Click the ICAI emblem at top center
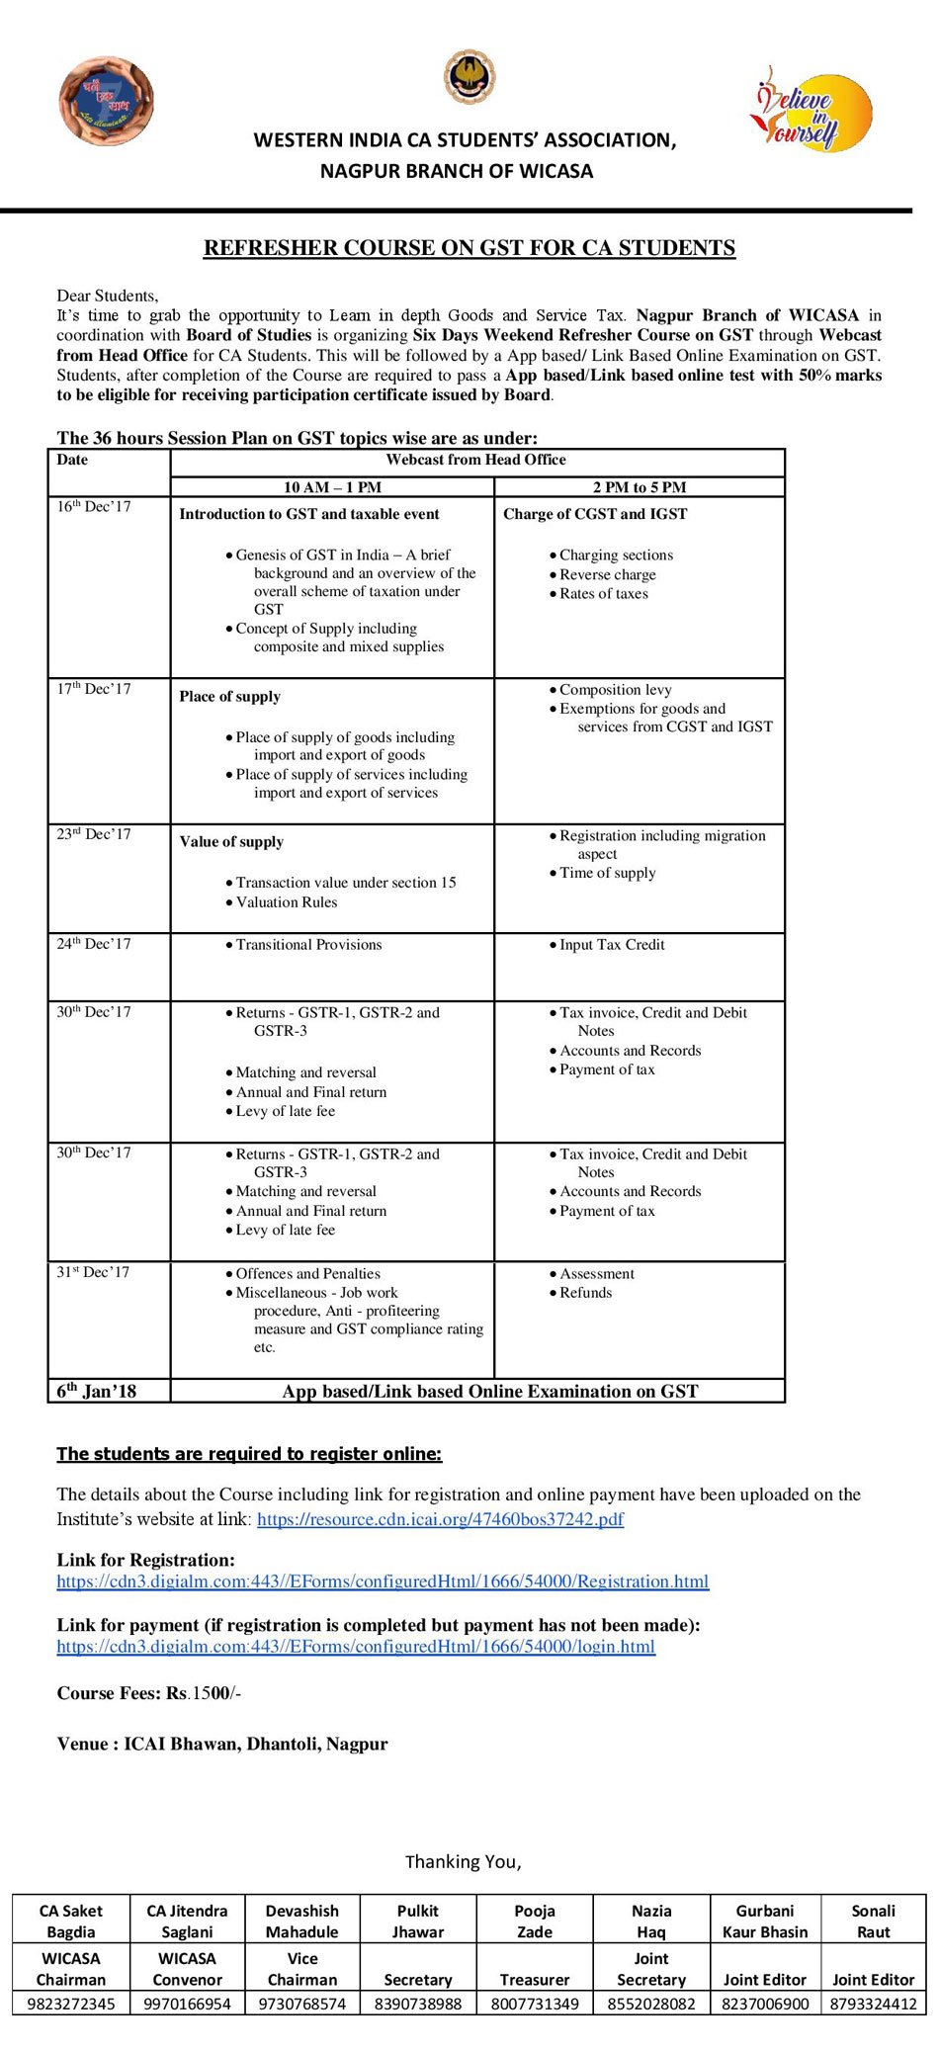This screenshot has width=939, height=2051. pyautogui.click(x=469, y=77)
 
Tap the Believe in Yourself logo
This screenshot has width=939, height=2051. pyautogui.click(x=811, y=109)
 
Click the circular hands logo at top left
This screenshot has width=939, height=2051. pyautogui.click(x=106, y=101)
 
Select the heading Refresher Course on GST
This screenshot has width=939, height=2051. pyautogui.click(x=469, y=248)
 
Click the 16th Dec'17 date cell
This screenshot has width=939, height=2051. pyautogui.click(x=94, y=507)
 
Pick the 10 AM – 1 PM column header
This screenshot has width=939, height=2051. pyautogui.click(x=332, y=487)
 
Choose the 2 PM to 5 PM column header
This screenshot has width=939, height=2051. pyautogui.click(x=640, y=487)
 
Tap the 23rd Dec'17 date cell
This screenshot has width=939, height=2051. pyautogui.click(x=94, y=834)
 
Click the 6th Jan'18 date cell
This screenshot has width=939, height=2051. pyautogui.click(x=97, y=1391)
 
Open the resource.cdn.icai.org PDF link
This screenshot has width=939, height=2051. pyautogui.click(x=440, y=1519)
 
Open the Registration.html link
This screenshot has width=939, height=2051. pyautogui.click(x=383, y=1581)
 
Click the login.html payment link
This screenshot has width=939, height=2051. pyautogui.click(x=356, y=1647)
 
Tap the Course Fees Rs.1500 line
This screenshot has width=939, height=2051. pyautogui.click(x=149, y=1693)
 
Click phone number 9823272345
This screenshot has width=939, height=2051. pyautogui.click(x=71, y=2004)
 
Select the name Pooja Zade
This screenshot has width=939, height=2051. pyautogui.click(x=535, y=1922)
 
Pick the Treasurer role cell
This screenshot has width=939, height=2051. pyautogui.click(x=535, y=1980)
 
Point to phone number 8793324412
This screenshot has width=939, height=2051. pyautogui.click(x=873, y=2004)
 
